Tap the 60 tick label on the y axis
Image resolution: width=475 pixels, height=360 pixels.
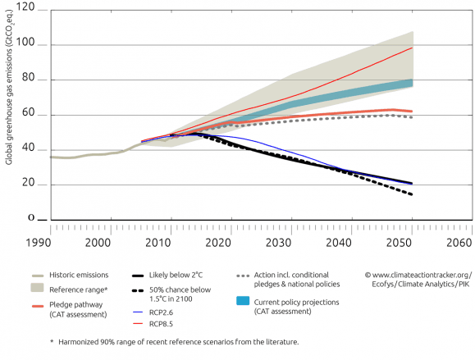tap(32, 114)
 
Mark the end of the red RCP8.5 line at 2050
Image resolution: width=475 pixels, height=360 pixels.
tap(412, 48)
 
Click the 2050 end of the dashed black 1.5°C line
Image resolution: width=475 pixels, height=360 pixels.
tap(412, 194)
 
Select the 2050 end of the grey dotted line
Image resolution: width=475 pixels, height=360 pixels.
tap(412, 117)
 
